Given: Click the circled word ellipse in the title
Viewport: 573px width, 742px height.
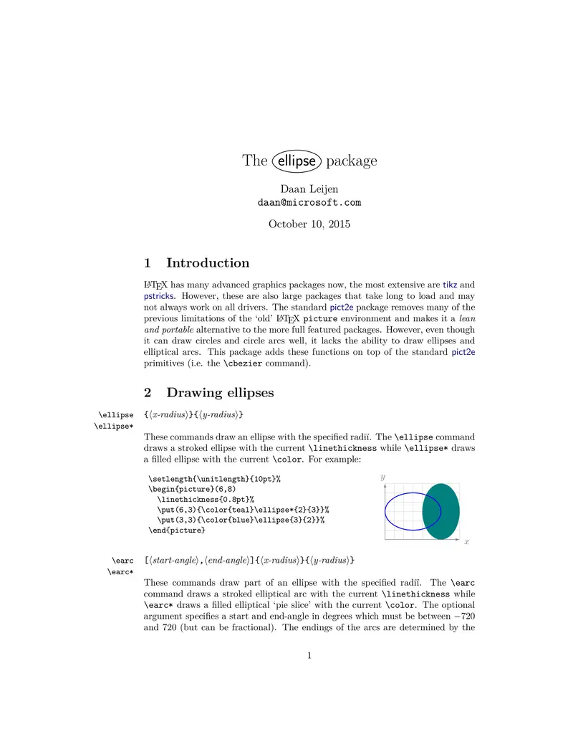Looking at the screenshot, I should [x=297, y=161].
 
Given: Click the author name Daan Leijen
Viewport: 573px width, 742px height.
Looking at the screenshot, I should [x=309, y=189].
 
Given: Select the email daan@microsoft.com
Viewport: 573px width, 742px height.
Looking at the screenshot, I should [x=309, y=202].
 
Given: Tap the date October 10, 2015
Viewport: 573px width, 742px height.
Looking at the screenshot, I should [x=309, y=224].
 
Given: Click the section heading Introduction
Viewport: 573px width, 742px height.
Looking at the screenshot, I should [x=208, y=263].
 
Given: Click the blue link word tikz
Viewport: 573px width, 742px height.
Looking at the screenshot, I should [x=450, y=285].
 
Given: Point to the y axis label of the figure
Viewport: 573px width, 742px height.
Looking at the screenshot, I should [x=383, y=477].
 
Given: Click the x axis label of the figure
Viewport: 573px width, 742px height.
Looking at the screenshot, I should [x=466, y=542].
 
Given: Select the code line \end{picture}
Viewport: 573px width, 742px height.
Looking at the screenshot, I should [x=177, y=531].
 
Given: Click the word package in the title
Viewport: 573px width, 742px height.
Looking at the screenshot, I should [x=351, y=161].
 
